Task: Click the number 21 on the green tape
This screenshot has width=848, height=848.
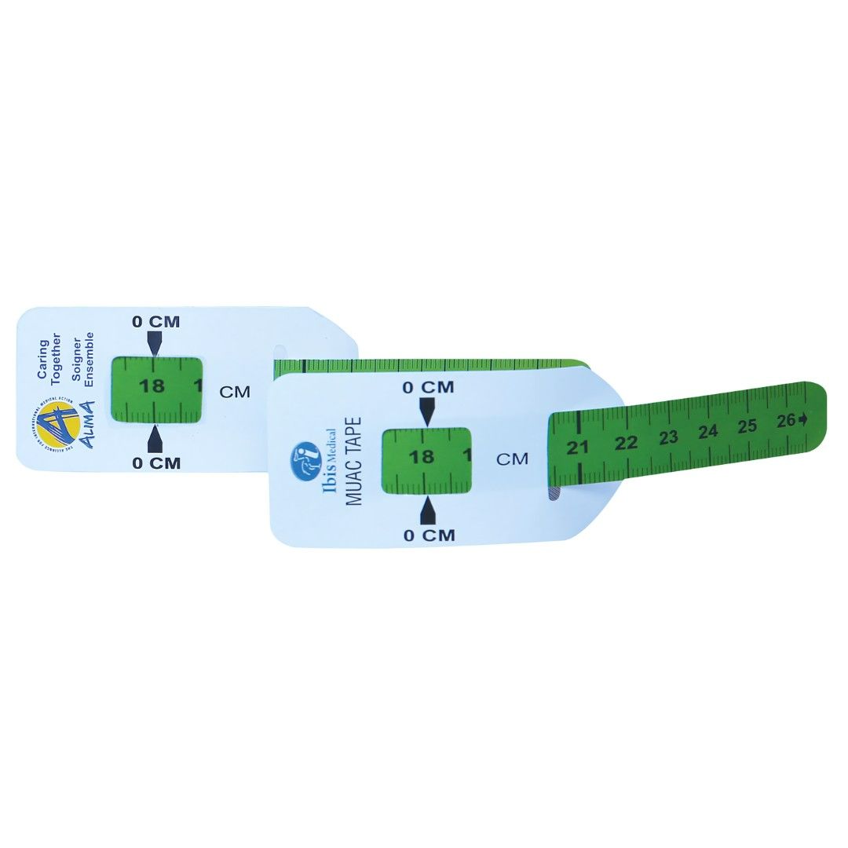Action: (x=578, y=448)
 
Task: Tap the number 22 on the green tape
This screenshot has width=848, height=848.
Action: (x=626, y=443)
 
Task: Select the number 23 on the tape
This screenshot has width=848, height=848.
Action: (x=668, y=437)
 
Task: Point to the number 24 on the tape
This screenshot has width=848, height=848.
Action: (x=708, y=431)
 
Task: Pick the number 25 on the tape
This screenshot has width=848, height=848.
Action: (x=747, y=426)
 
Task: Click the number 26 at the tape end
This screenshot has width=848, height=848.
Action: (x=786, y=420)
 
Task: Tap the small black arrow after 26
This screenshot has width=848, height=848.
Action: (x=802, y=419)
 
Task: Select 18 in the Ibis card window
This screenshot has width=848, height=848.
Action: (x=422, y=456)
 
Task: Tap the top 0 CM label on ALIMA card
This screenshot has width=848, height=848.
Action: (x=155, y=321)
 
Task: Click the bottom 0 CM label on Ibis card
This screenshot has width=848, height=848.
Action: (x=429, y=535)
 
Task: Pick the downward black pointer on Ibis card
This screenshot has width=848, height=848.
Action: (x=427, y=411)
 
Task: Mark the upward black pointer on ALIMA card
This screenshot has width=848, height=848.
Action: (x=155, y=437)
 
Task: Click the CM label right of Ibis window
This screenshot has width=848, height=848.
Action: (x=512, y=459)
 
